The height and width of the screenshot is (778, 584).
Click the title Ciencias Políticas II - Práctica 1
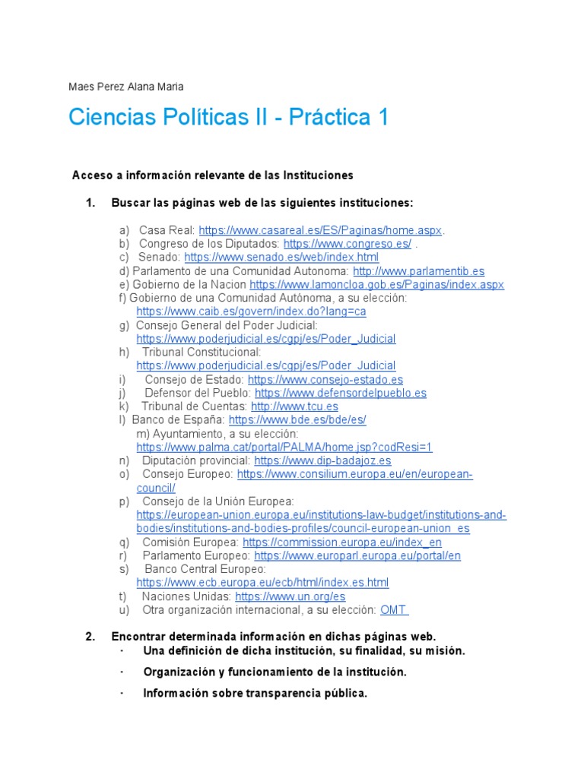tap(228, 118)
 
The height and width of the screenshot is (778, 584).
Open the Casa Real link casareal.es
tap(320, 230)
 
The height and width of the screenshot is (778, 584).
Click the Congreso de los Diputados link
tap(348, 244)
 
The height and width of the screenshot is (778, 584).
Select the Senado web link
tap(281, 258)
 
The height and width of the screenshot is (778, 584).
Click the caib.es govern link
tap(252, 312)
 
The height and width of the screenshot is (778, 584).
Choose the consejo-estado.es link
tap(325, 379)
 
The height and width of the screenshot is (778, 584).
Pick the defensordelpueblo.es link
tap(341, 393)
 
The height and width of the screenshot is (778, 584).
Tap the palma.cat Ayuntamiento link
tap(284, 447)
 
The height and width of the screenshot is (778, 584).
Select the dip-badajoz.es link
tap(322, 460)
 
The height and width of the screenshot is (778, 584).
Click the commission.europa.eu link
tap(342, 542)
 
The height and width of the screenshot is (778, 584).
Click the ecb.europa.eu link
tap(262, 583)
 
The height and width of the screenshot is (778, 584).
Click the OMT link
tap(394, 610)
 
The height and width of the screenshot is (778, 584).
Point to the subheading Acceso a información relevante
tap(213, 176)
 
